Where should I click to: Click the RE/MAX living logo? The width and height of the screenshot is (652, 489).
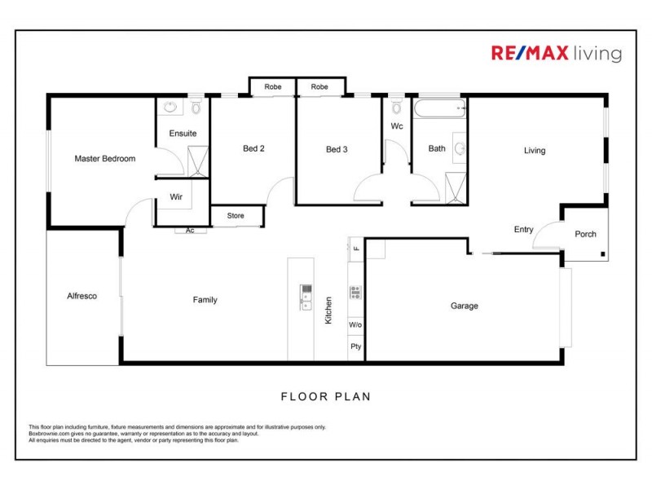556,54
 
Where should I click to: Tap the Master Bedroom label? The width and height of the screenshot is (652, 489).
105,158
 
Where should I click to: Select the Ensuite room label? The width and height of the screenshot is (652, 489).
183,133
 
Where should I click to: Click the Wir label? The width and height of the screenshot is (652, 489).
175,197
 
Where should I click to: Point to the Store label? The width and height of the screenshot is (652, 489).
236,216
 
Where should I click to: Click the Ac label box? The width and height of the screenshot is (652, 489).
190,231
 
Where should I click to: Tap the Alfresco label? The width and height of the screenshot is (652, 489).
81,296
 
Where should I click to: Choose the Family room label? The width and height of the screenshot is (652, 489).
205,300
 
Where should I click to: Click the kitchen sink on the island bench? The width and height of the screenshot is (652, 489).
306,298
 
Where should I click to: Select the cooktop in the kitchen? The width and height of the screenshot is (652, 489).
355,292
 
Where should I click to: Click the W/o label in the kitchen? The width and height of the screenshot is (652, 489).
355,325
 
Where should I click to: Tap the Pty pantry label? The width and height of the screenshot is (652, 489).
355,346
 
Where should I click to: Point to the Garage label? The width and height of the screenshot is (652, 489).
465,306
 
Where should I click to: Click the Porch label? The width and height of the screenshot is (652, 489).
585,234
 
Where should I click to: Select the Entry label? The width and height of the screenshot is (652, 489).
523,230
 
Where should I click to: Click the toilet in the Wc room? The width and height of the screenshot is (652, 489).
397,108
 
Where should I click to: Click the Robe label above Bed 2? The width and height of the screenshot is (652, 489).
272,86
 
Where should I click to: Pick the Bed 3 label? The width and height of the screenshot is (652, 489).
337,149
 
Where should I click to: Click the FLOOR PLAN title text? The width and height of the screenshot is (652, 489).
326,397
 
